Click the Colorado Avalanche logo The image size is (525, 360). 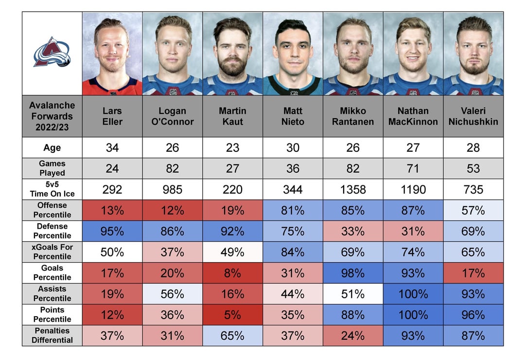(x=52, y=53)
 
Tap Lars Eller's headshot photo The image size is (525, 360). (x=112, y=54)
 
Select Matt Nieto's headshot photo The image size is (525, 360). (x=293, y=54)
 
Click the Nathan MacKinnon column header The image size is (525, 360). (x=413, y=116)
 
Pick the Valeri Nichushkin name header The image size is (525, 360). (x=473, y=116)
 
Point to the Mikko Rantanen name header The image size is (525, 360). (x=353, y=116)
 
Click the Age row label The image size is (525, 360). (x=52, y=147)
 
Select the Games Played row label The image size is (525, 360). (x=52, y=168)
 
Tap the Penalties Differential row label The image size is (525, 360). (x=52, y=335)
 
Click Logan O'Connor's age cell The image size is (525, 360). (x=173, y=147)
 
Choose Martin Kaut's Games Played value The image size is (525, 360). (x=232, y=168)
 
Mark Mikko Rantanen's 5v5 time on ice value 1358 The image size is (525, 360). (x=353, y=189)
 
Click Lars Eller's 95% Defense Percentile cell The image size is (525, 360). (x=112, y=231)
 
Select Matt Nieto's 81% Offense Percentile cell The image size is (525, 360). (x=293, y=210)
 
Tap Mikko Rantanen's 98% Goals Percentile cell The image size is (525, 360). (x=353, y=273)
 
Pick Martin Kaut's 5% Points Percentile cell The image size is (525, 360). (x=232, y=315)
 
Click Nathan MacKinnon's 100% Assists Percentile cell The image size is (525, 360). (x=413, y=294)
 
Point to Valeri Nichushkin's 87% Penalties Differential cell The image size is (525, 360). (x=473, y=335)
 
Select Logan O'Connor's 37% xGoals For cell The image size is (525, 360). (x=173, y=252)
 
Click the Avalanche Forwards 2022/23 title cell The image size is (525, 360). (x=52, y=116)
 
